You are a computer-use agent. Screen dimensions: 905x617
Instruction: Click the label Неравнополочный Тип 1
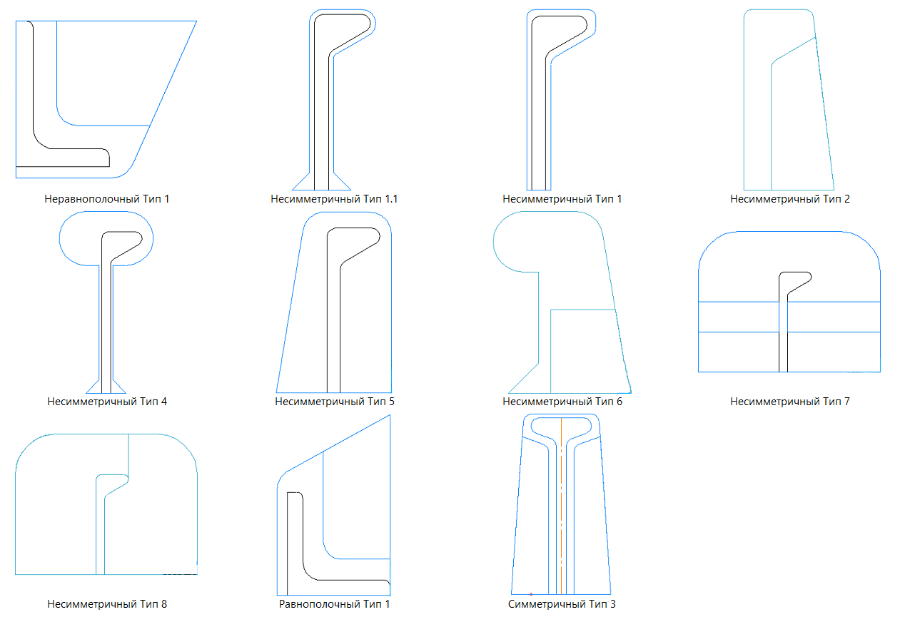coord(106,199)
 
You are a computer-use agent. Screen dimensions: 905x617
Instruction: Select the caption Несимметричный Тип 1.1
coord(334,199)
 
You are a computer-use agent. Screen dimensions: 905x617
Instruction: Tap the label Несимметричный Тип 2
coord(790,199)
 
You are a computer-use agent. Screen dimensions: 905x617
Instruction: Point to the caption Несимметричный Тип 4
coord(107,402)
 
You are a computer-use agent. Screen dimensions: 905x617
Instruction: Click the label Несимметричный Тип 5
coord(335,402)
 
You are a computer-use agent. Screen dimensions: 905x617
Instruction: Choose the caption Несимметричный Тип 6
coord(562,402)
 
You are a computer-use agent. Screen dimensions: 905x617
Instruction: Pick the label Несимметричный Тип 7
coord(790,402)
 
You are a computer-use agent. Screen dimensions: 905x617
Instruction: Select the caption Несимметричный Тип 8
coord(107,604)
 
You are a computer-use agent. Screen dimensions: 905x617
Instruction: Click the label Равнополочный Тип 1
coord(335,604)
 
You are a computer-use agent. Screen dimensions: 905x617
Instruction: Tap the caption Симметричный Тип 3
coord(562,604)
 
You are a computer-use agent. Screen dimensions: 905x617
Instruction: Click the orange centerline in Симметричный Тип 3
coord(561,506)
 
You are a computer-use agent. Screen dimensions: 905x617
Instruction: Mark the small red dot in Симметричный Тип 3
coord(531,594)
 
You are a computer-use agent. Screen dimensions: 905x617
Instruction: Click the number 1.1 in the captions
coord(390,199)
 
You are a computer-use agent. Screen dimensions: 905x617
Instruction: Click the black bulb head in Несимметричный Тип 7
coord(795,282)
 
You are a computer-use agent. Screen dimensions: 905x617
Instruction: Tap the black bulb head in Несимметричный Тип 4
coord(121,245)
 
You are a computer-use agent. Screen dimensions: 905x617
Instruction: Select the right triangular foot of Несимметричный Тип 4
coord(119,387)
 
